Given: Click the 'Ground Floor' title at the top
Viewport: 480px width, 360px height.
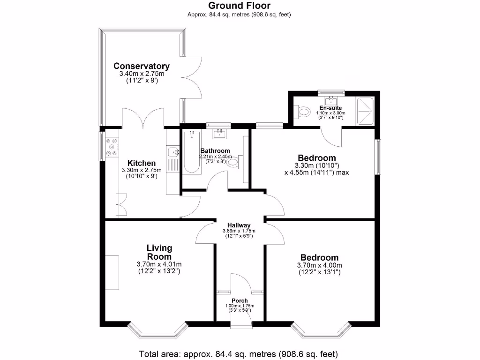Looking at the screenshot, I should [239, 6].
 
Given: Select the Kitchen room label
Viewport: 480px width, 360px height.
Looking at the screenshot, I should [141, 163].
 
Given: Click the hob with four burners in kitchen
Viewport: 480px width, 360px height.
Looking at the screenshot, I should [112, 147].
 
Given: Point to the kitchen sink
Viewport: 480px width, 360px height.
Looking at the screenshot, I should [173, 151].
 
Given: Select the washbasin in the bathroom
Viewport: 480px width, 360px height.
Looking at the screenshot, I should [219, 134].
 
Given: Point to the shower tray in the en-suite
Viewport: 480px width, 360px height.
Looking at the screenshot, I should [366, 111].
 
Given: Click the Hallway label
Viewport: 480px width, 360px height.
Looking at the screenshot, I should [239, 225].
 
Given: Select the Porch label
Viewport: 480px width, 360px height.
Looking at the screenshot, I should [240, 300].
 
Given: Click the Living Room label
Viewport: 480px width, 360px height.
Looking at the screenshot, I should [159, 252].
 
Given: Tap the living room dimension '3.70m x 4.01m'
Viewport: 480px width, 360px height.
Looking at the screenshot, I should [159, 264].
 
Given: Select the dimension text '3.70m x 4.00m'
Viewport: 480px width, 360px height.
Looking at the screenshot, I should [319, 265].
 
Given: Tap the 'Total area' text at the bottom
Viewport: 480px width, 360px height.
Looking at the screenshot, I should [239, 353].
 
